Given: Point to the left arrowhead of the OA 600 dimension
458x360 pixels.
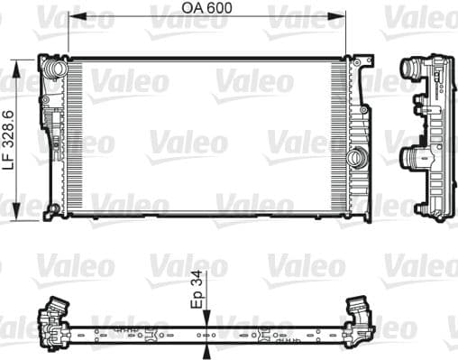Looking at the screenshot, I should [x=73, y=16].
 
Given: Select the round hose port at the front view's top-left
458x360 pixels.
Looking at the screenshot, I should [x=57, y=69].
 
